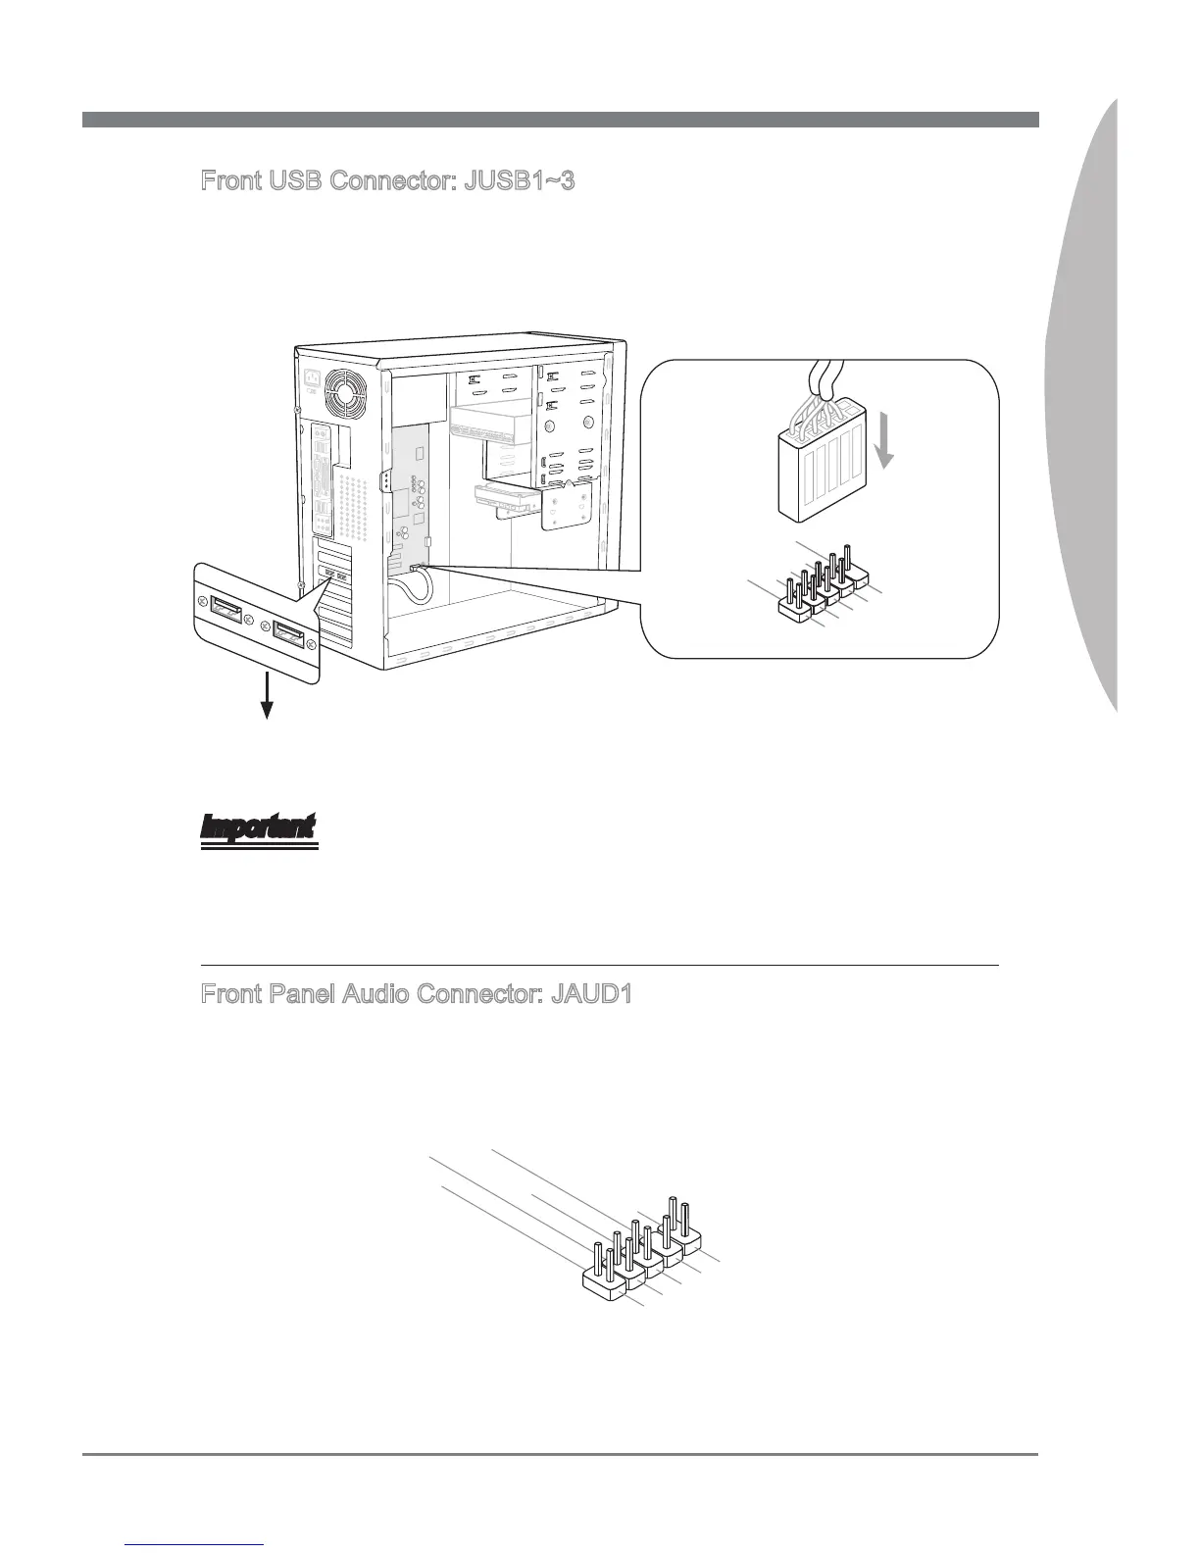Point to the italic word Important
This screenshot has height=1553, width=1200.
[259, 827]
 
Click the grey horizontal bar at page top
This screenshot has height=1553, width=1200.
[560, 120]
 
